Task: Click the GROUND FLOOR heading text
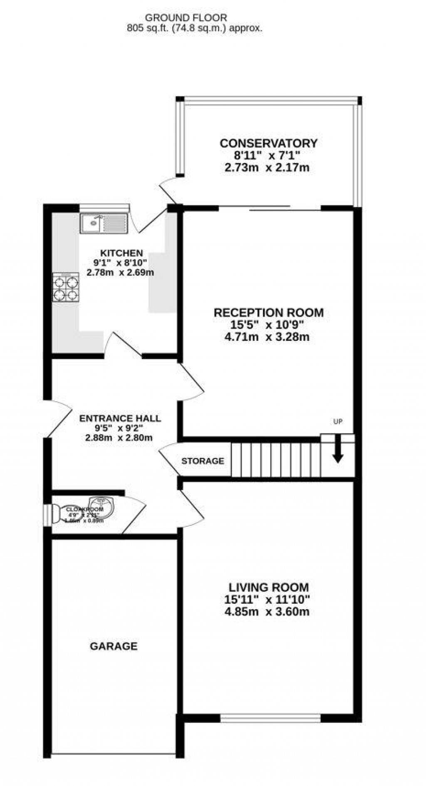click(x=186, y=17)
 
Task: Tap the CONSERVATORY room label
click(x=268, y=143)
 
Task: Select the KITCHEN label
click(x=121, y=253)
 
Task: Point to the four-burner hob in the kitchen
click(x=66, y=287)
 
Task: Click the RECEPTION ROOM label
click(x=268, y=312)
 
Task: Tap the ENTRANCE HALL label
click(x=120, y=418)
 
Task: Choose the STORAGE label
click(x=203, y=461)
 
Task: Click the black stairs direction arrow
click(x=338, y=449)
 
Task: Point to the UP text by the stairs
click(x=338, y=422)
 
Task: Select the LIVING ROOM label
click(x=269, y=588)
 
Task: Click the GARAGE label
click(x=114, y=646)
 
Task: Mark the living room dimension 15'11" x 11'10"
click(x=267, y=600)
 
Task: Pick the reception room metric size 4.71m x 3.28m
click(x=267, y=337)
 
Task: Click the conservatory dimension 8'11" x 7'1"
click(x=267, y=156)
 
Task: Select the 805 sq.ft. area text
click(x=154, y=28)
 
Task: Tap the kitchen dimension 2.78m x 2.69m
click(x=120, y=273)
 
